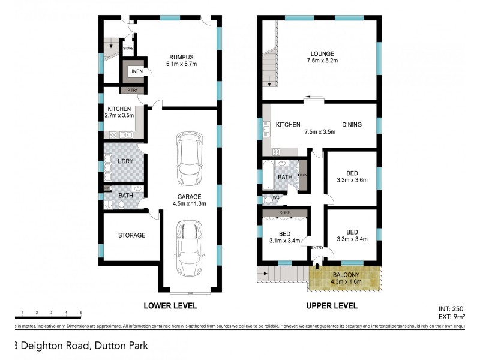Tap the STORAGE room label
(x=131, y=235)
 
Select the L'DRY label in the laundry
(x=125, y=161)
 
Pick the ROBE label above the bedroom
(x=284, y=212)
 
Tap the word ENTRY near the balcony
(x=316, y=247)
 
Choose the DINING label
(x=352, y=125)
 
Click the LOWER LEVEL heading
(x=170, y=305)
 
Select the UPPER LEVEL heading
(x=332, y=305)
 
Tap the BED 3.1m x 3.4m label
(x=284, y=238)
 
